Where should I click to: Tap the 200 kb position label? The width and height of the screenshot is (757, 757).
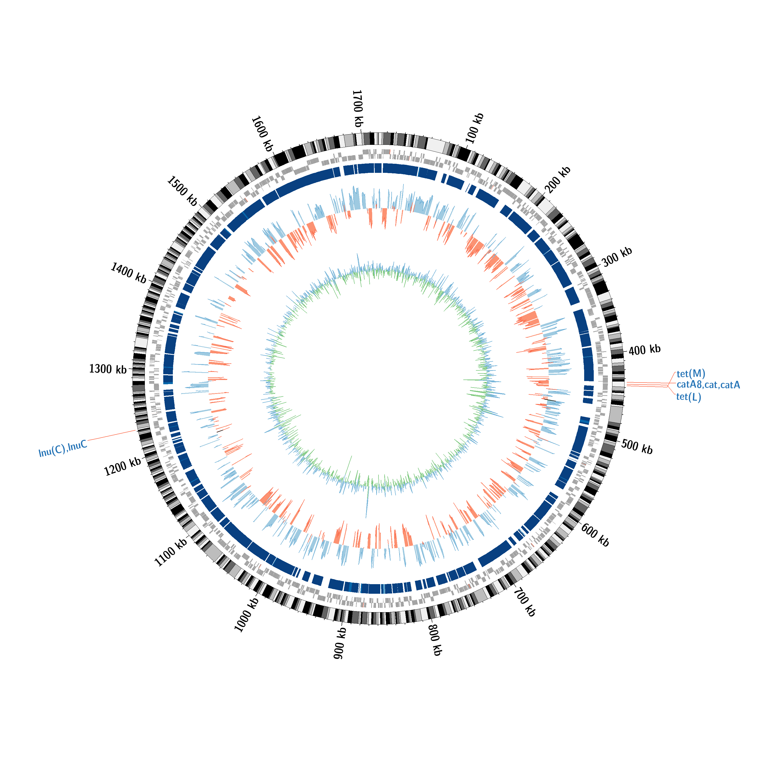click(558, 180)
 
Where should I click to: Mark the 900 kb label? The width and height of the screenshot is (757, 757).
click(340, 643)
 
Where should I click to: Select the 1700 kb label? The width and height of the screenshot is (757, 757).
click(357, 109)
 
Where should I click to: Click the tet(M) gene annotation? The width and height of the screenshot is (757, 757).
click(691, 373)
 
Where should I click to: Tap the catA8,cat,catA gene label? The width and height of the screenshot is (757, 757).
click(708, 385)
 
